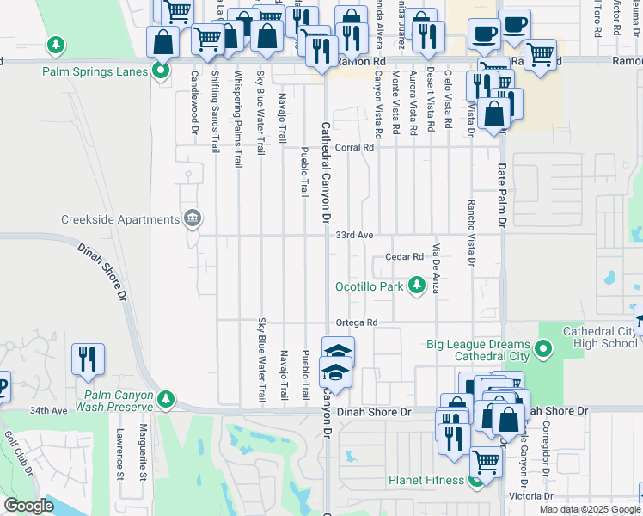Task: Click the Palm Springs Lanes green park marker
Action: point(161,71)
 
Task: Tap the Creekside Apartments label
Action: point(119,219)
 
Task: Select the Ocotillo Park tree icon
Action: point(417,285)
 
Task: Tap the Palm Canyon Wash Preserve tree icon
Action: point(166,399)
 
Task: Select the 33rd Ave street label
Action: point(354,234)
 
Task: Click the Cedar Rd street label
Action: point(405,256)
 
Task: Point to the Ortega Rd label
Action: point(357,322)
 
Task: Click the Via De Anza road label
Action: point(437,268)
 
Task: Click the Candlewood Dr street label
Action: point(194,106)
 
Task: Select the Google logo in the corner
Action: point(28,506)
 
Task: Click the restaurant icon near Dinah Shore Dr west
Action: point(88,359)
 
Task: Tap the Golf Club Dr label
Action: point(16,447)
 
